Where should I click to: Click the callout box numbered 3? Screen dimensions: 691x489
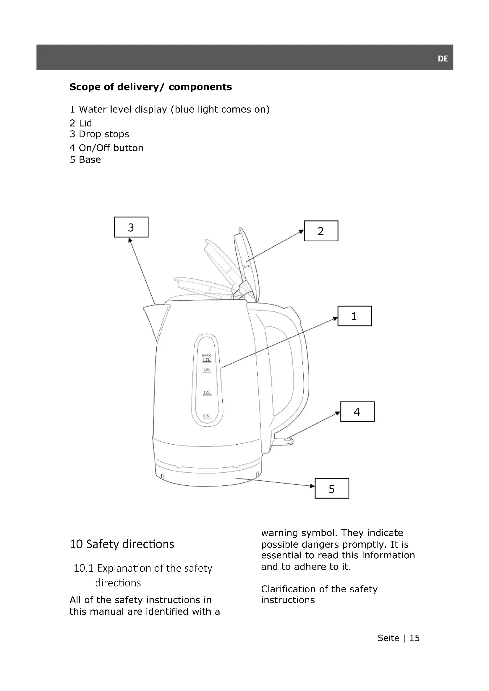[131, 227]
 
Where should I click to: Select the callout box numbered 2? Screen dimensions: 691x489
[321, 231]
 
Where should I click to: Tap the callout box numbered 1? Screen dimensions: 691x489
[354, 316]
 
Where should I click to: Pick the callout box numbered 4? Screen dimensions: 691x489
[357, 412]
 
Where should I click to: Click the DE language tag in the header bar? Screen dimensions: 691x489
[443, 59]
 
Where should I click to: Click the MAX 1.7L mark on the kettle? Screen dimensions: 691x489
[207, 358]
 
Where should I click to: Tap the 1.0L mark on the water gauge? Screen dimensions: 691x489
[207, 393]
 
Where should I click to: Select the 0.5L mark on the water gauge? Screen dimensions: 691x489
[207, 416]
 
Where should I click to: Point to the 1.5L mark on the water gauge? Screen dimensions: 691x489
[207, 370]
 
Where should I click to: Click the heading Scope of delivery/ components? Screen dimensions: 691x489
[150, 87]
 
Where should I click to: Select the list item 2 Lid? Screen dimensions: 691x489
[81, 123]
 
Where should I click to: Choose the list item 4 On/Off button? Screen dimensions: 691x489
[106, 148]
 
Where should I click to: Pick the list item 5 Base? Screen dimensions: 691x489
[85, 160]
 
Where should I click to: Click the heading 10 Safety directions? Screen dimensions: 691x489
[122, 544]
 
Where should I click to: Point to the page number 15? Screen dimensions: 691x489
[414, 638]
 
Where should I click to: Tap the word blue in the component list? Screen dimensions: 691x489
[185, 109]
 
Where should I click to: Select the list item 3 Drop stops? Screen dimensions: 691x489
[99, 134]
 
